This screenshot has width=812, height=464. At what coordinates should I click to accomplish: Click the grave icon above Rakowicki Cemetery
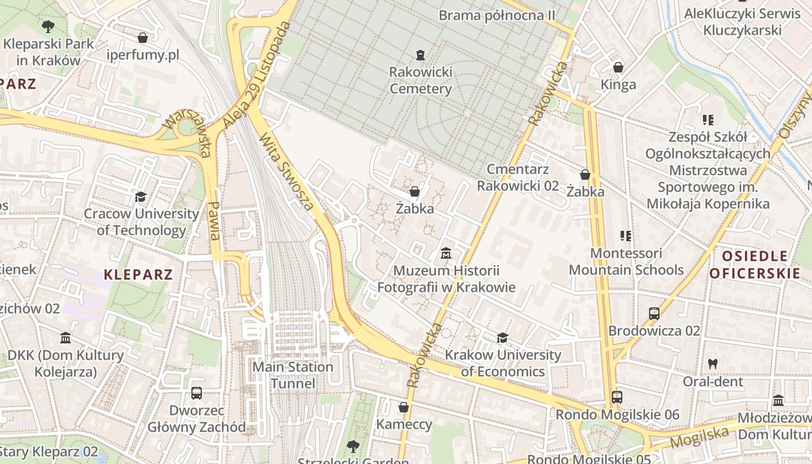click(420, 55)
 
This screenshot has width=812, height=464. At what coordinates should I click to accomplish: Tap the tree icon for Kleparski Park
click(48, 26)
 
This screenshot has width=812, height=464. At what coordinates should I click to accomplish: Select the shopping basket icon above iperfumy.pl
click(143, 38)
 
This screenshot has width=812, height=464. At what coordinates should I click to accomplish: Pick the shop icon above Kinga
click(618, 67)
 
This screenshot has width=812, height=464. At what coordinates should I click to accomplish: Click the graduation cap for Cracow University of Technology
click(140, 197)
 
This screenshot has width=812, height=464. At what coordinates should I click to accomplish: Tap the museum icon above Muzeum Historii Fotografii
click(446, 253)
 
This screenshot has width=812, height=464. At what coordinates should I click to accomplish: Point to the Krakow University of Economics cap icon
click(503, 338)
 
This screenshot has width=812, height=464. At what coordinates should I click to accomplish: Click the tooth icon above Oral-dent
click(713, 364)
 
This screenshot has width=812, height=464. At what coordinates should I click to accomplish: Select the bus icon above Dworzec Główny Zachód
click(197, 393)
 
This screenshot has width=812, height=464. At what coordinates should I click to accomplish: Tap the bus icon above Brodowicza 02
click(654, 314)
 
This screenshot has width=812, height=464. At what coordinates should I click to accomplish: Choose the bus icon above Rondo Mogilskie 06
click(617, 397)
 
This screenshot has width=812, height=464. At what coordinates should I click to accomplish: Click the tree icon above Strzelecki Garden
click(353, 446)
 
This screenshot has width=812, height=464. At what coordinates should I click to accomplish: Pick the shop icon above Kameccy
click(404, 407)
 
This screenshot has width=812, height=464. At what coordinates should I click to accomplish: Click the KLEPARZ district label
click(139, 274)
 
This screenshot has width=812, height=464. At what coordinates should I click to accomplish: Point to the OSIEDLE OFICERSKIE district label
click(755, 264)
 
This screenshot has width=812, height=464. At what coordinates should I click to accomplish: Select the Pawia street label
click(214, 220)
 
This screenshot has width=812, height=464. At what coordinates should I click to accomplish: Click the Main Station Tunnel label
click(293, 375)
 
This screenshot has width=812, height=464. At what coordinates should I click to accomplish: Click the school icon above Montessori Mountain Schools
click(626, 236)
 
